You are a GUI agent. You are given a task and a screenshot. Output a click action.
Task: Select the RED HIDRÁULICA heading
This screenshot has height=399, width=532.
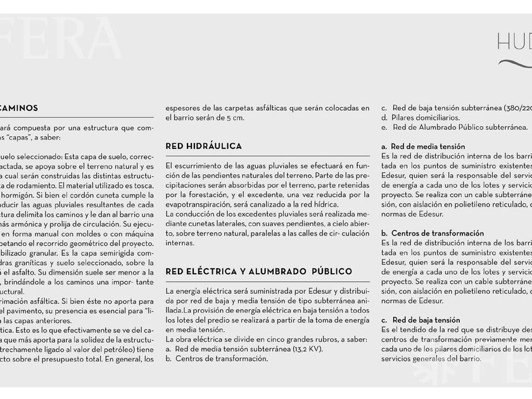(203, 146)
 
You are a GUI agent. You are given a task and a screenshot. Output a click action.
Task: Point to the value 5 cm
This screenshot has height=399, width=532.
(234, 118)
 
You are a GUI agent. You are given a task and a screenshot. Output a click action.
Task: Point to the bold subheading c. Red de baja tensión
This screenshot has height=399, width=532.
(421, 320)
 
